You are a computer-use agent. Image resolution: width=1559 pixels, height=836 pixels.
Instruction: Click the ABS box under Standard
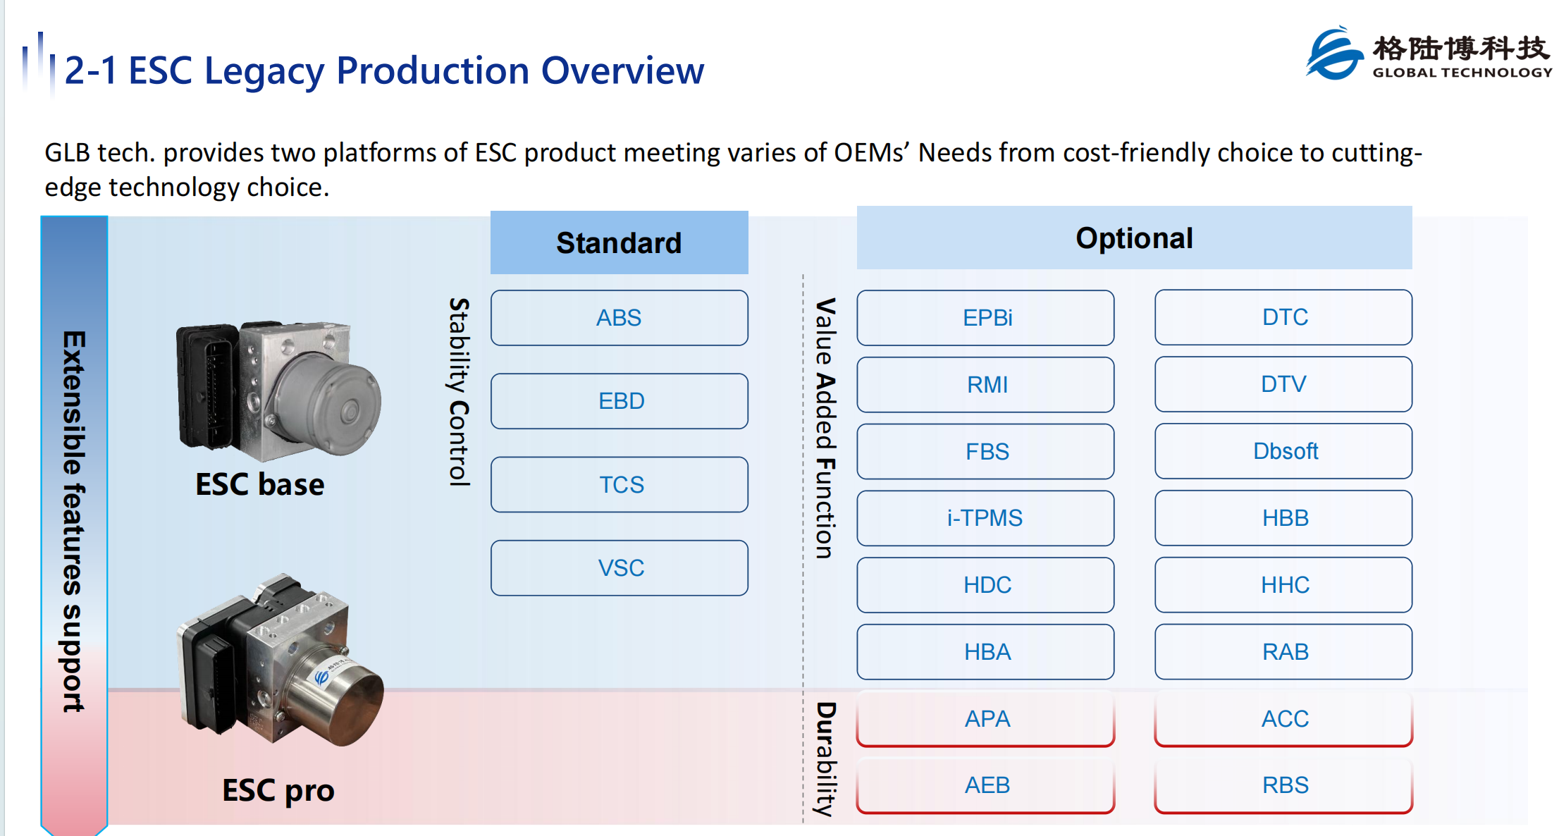[619, 318]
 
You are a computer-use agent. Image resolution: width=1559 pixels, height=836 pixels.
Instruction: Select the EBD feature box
[619, 401]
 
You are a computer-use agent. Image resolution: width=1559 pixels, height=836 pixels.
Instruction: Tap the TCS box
[619, 484]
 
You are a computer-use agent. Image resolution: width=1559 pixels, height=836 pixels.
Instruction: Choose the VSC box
[619, 568]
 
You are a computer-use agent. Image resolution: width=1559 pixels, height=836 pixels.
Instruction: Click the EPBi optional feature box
[985, 318]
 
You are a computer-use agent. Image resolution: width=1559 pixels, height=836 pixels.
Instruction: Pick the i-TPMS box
[985, 518]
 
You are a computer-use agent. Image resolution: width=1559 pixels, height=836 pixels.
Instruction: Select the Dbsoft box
[1283, 451]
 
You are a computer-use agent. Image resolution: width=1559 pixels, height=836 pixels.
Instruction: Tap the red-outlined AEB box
[985, 785]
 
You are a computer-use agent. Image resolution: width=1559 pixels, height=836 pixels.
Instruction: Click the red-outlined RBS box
[1283, 785]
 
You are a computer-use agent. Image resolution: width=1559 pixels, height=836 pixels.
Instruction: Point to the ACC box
[1283, 718]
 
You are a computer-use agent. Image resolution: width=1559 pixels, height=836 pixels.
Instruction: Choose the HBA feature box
[985, 652]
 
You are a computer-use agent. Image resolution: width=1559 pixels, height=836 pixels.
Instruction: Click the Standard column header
[619, 242]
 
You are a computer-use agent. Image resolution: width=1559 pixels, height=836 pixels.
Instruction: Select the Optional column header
[1134, 238]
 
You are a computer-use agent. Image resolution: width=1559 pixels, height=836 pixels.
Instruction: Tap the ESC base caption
[260, 484]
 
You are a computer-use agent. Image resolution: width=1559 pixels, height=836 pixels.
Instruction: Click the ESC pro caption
[278, 791]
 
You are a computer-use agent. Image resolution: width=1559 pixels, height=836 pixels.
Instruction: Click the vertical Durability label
[825, 759]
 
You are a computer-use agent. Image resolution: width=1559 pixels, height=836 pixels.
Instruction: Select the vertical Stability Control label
[460, 392]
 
